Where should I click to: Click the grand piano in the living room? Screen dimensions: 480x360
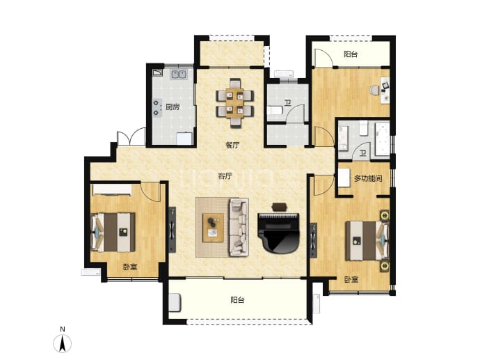coord(278,233)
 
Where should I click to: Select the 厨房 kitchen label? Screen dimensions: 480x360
coord(173,107)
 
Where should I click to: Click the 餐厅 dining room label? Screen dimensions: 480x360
coord(232,145)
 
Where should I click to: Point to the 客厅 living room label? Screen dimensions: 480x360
coord(225,176)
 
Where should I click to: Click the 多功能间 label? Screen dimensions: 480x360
coord(368,178)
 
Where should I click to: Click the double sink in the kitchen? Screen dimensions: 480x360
coord(179,74)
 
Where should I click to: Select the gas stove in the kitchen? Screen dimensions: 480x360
coord(157,108)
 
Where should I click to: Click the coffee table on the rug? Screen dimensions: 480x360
coord(213,228)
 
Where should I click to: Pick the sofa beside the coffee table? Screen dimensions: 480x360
coord(239,227)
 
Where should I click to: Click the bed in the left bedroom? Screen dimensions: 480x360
coord(113,233)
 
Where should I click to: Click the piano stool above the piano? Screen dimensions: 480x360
coord(280,207)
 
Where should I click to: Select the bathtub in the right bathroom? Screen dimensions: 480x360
coord(383,139)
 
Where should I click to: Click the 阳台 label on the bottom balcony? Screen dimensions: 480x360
coord(237,300)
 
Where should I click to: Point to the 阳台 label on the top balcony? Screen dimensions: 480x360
coord(351,54)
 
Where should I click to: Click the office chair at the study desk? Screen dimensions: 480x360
coord(374,91)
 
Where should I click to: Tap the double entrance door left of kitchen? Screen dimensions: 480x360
coord(131,137)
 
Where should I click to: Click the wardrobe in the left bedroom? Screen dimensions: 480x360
coord(112,189)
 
